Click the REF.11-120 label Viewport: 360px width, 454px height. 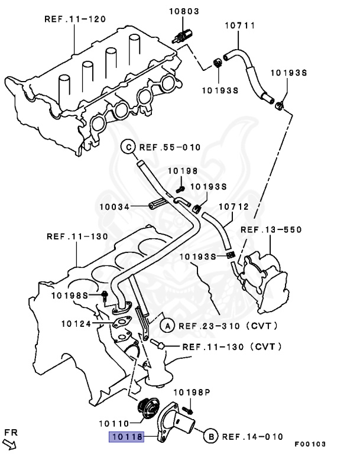pos(75,19)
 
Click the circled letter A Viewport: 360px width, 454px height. pos(167,326)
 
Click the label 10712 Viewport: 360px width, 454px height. pos(234,207)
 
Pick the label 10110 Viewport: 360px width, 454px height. pos(114,423)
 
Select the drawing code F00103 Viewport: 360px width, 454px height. pos(310,443)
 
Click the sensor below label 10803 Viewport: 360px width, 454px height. pos(181,34)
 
